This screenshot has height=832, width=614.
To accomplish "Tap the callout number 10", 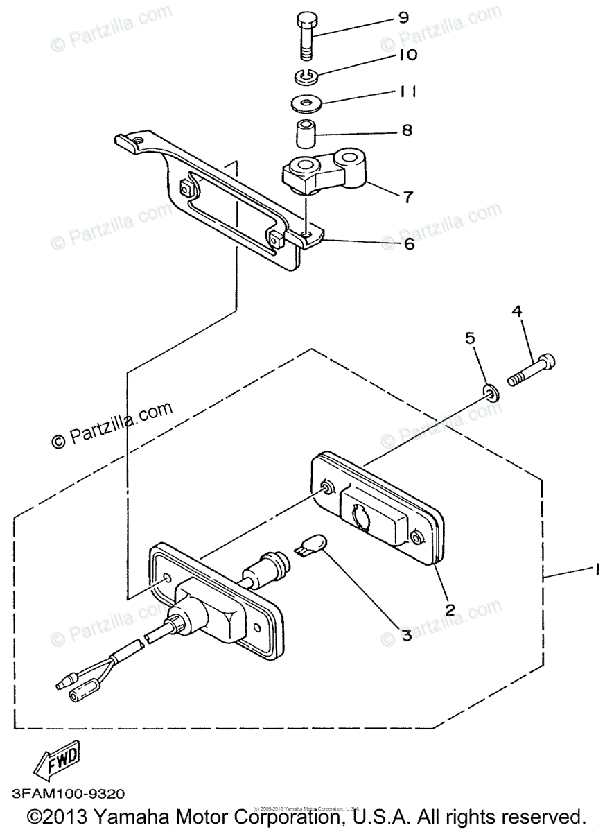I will point(407,54).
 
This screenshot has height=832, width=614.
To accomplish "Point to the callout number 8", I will point(406,130).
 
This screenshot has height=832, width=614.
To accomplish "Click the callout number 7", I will point(407,197).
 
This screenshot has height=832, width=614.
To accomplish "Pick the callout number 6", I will point(408,243).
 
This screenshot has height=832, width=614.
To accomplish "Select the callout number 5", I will point(470,339).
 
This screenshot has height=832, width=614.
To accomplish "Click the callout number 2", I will point(450,610).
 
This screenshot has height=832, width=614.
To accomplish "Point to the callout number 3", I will point(405,634).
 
